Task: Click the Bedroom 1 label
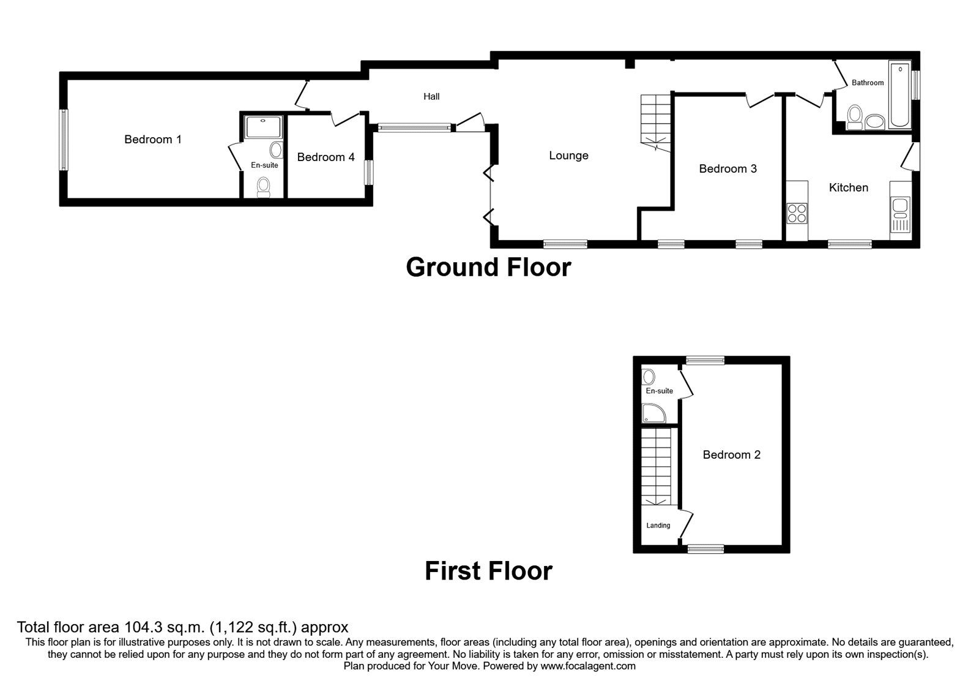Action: click(x=153, y=140)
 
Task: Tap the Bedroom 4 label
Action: click(x=326, y=157)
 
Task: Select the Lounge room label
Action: click(x=568, y=156)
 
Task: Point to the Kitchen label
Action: click(x=848, y=187)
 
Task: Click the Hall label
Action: click(x=431, y=97)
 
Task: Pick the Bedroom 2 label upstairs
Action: click(x=732, y=454)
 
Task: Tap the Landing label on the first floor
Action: click(x=658, y=526)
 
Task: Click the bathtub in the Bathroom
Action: click(x=900, y=95)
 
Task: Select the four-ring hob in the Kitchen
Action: click(x=797, y=213)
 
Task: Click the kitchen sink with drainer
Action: click(x=900, y=214)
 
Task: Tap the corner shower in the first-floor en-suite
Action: click(x=653, y=413)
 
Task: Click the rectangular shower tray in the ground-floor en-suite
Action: click(x=263, y=127)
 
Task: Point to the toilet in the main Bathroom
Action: click(x=854, y=118)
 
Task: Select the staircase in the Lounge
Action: click(x=655, y=123)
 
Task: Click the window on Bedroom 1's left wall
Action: click(x=64, y=140)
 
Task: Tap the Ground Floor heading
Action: click(x=488, y=267)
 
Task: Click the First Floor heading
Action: click(x=488, y=571)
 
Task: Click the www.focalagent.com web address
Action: click(x=588, y=666)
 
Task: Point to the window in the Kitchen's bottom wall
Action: click(x=850, y=244)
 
